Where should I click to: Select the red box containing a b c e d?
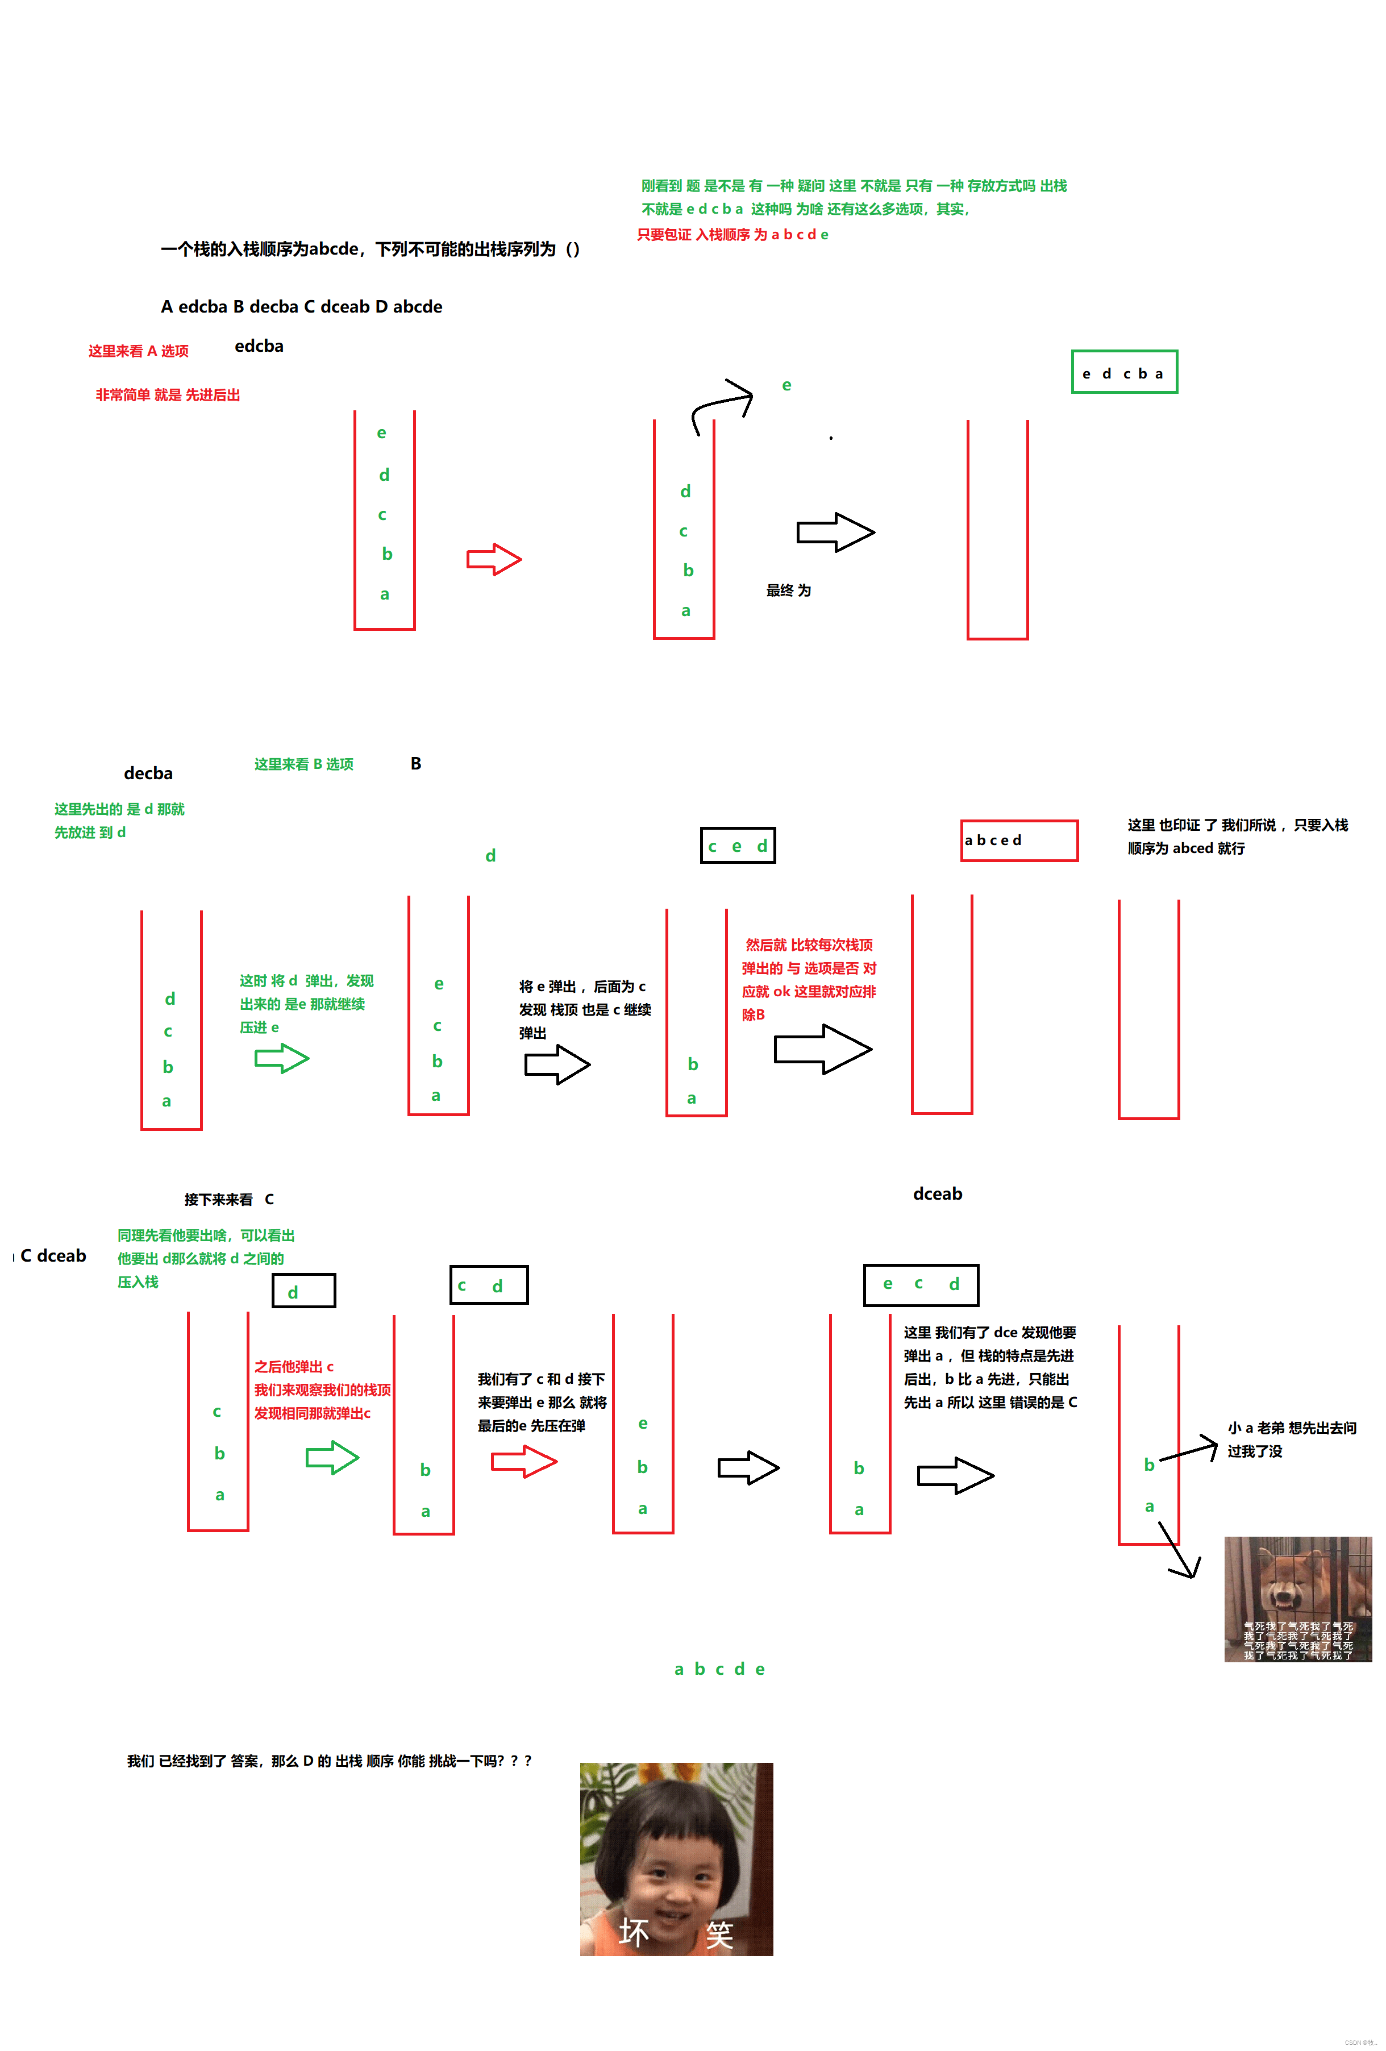click(1018, 840)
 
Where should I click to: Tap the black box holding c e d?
click(738, 846)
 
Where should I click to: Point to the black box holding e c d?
click(920, 1284)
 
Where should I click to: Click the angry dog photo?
click(1297, 1598)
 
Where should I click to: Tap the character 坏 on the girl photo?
click(634, 1933)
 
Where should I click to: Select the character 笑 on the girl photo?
click(719, 1934)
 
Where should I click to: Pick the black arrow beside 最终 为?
click(835, 532)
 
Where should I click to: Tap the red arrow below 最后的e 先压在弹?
click(523, 1462)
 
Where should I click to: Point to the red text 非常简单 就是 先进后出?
click(168, 394)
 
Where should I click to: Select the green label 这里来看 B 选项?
click(303, 764)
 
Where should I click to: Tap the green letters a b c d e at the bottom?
click(719, 1669)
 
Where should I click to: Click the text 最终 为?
click(788, 590)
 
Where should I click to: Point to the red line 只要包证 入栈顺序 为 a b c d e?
click(732, 235)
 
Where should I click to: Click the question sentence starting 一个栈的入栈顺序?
click(370, 249)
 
